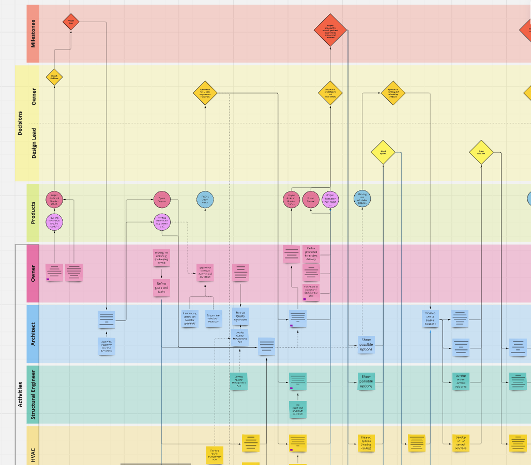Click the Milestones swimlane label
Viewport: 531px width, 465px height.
click(33, 34)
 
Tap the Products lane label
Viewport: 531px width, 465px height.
click(33, 213)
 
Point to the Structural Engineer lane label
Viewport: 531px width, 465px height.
click(33, 394)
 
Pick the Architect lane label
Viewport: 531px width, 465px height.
click(33, 334)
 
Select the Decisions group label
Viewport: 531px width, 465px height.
click(20, 123)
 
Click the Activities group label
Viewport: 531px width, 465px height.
click(20, 395)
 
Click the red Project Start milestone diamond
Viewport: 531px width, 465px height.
click(71, 22)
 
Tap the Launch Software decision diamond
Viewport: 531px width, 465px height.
click(54, 77)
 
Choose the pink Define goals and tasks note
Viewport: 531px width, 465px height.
click(162, 287)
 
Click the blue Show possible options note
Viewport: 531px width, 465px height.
click(366, 344)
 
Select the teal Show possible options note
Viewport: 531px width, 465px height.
click(366, 381)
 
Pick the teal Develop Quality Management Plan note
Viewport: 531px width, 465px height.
click(239, 381)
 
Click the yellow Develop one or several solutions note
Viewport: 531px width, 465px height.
click(460, 443)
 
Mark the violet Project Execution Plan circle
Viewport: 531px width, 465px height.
click(330, 199)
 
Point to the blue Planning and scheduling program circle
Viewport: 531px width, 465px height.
click(362, 199)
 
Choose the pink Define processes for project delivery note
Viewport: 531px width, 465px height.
click(311, 253)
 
